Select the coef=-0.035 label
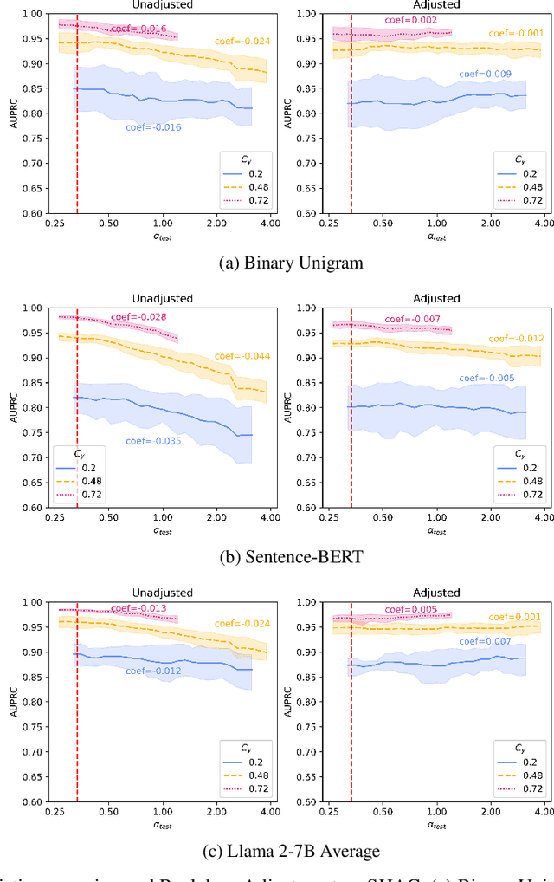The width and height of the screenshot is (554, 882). pos(153,441)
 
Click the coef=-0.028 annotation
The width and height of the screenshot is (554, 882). pos(138,317)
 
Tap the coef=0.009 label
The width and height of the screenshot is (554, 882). pos(486,75)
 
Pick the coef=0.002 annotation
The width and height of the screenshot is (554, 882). pos(413,20)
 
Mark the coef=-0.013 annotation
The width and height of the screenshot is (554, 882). pos(138,607)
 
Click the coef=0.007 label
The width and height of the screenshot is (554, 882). pos(486,641)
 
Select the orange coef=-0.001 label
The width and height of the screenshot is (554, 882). pos(516,33)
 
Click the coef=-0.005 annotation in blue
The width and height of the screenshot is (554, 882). pos(486,378)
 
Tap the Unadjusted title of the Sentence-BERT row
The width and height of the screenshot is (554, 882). pos(163,299)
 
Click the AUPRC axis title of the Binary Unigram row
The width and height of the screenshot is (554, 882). pos(12,113)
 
